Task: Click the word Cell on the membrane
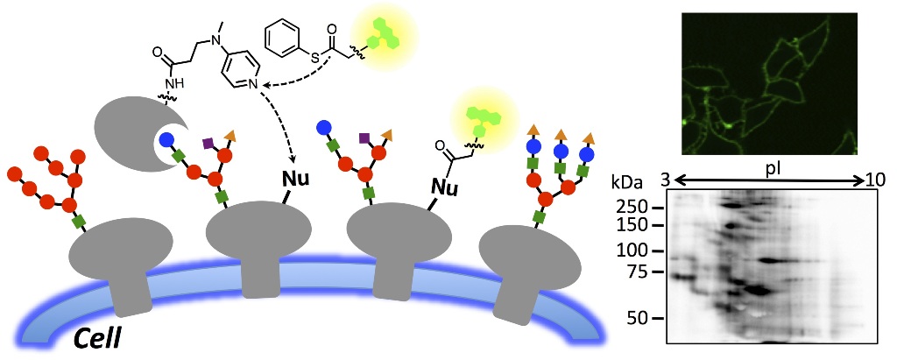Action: click(99, 335)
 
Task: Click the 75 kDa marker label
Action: click(645, 272)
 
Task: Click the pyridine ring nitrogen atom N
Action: click(248, 85)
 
